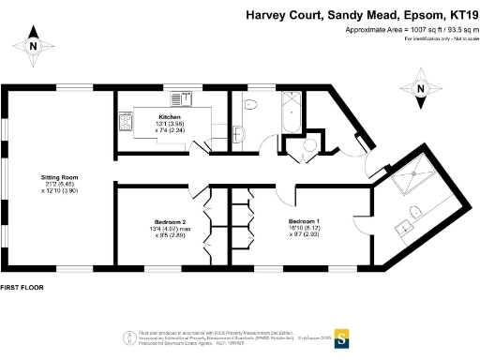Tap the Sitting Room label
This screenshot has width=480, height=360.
(58, 176)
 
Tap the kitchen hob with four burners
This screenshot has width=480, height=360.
(126, 121)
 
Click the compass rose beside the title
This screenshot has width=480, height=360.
(421, 90)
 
